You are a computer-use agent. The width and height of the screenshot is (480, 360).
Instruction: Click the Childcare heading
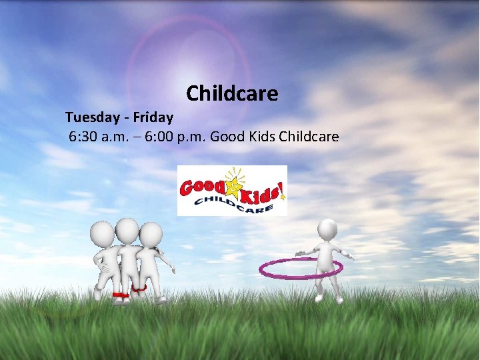[232, 93]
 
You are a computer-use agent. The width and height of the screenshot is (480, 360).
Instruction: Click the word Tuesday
[93, 117]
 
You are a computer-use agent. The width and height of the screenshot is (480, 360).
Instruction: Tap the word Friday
[153, 117]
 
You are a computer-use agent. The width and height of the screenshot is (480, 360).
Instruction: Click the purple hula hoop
[301, 268]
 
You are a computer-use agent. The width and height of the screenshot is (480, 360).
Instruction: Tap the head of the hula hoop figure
[327, 229]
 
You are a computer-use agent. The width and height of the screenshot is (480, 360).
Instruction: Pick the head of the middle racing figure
[127, 229]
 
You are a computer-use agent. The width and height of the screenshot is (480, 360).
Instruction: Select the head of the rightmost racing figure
[151, 233]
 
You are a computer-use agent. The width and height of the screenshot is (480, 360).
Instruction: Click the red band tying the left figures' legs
[121, 294]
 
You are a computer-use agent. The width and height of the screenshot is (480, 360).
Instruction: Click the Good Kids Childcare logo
[232, 191]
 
